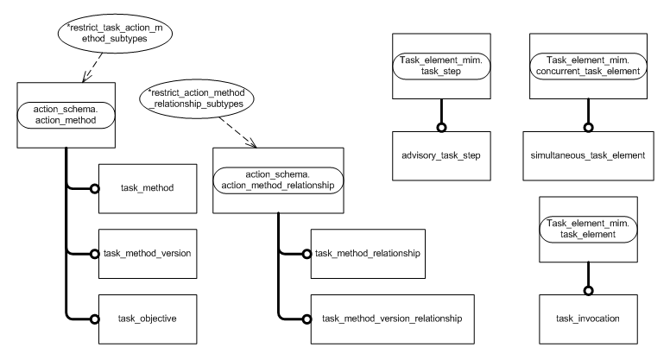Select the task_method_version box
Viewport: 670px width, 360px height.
click(x=146, y=253)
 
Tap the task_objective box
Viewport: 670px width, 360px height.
click(x=146, y=319)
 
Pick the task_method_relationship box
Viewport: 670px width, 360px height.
click(x=366, y=253)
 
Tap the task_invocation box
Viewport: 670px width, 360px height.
click(x=589, y=319)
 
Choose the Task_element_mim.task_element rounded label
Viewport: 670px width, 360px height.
click(x=589, y=228)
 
